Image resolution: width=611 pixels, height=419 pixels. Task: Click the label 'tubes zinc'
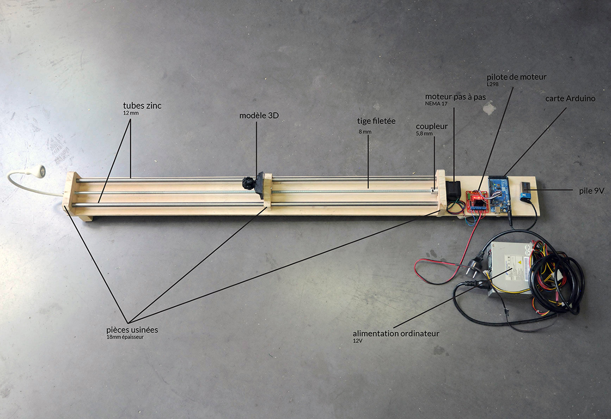pyautogui.click(x=142, y=106)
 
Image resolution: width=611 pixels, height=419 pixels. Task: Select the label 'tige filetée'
pyautogui.click(x=376, y=121)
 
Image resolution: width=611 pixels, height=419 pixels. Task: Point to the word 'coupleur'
pyautogui.click(x=431, y=126)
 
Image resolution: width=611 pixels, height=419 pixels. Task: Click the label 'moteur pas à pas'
pyautogui.click(x=455, y=97)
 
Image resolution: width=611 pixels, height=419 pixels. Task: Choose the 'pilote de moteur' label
pyautogui.click(x=517, y=77)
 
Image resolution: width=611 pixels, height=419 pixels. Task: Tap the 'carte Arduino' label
pyautogui.click(x=570, y=99)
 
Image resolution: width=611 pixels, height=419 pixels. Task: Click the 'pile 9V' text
pyautogui.click(x=592, y=191)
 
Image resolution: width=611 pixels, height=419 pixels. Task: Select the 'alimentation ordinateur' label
pyautogui.click(x=396, y=333)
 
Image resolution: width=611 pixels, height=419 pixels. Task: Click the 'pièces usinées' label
pyautogui.click(x=132, y=330)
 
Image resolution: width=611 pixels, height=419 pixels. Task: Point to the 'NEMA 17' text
pyautogui.click(x=436, y=104)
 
